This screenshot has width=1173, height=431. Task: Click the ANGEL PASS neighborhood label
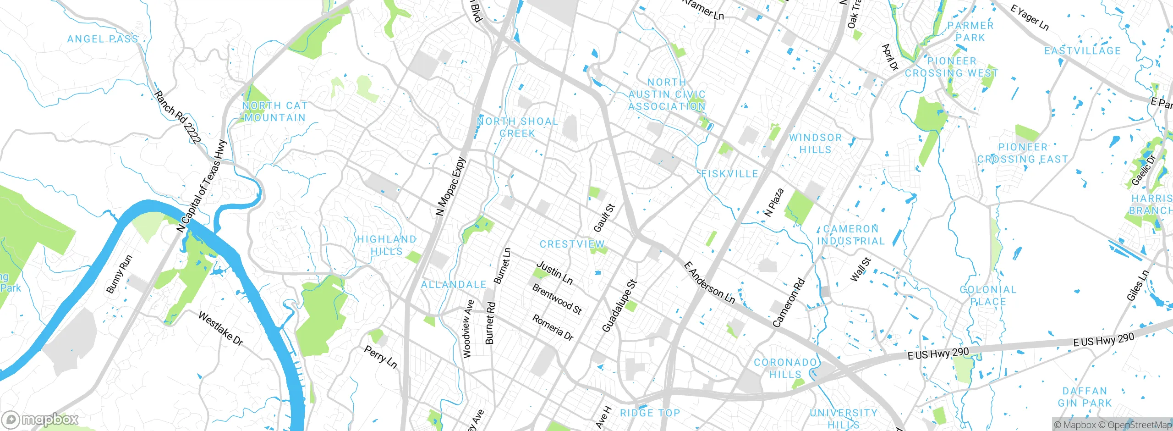click(x=103, y=39)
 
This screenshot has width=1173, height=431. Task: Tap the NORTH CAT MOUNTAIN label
click(x=275, y=112)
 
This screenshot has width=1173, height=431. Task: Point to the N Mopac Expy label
click(x=450, y=187)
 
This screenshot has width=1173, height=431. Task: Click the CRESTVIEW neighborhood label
click(x=572, y=244)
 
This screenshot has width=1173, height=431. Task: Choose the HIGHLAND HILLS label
click(x=387, y=245)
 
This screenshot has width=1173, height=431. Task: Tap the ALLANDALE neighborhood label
click(x=454, y=285)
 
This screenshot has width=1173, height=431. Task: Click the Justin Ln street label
click(x=554, y=273)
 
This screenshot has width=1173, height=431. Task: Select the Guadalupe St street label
click(x=619, y=306)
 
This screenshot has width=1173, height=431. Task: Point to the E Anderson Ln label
click(x=709, y=283)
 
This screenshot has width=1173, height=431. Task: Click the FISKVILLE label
click(x=730, y=174)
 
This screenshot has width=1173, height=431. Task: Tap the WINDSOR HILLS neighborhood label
click(x=815, y=144)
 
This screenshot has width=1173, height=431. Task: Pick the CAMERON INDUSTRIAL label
click(x=851, y=235)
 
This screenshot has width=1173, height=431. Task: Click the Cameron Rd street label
click(x=789, y=303)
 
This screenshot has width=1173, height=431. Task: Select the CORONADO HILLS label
click(x=785, y=368)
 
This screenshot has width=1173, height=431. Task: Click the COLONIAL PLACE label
click(x=988, y=296)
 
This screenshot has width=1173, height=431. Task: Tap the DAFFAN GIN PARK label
click(x=1085, y=397)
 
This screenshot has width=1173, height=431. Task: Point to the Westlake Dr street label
click(x=220, y=329)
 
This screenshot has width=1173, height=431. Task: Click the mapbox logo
click(x=40, y=419)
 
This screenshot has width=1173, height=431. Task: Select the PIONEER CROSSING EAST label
click(x=1023, y=153)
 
